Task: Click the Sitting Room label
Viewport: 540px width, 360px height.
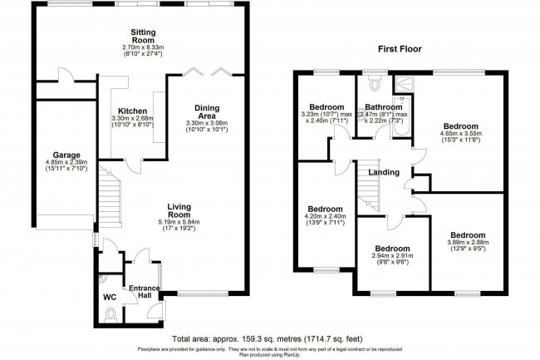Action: click(143, 35)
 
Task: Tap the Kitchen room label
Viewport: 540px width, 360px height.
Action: click(133, 111)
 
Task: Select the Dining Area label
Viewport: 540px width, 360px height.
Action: click(207, 113)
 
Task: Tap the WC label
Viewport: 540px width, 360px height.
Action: click(110, 296)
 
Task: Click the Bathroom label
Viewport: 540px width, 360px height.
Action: click(385, 107)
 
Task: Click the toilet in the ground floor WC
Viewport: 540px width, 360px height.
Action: click(111, 313)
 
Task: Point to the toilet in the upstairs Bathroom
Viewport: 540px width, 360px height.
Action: click(371, 83)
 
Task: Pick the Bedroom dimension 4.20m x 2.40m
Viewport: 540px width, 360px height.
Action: click(325, 222)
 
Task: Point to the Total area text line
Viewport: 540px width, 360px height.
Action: click(270, 339)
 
